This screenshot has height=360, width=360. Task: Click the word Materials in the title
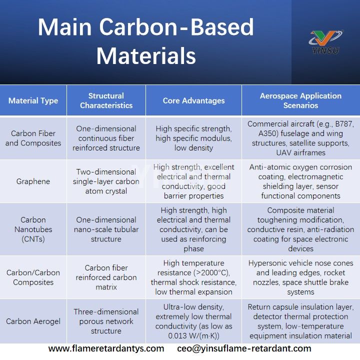[145, 55]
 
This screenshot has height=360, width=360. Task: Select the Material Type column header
[33, 100]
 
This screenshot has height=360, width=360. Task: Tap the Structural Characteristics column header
[106, 100]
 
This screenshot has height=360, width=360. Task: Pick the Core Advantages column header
[193, 100]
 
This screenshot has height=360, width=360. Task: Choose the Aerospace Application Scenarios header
[300, 100]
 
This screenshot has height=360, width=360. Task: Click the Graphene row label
[33, 181]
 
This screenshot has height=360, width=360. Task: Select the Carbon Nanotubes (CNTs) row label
[33, 229]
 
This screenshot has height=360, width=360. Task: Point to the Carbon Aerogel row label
[33, 321]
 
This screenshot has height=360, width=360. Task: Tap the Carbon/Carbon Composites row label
[33, 277]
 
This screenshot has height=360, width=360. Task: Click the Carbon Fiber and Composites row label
[33, 138]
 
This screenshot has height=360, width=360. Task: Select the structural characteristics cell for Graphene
[106, 181]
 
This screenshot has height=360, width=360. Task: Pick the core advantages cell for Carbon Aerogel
[193, 321]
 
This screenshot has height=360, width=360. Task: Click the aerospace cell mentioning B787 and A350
[300, 138]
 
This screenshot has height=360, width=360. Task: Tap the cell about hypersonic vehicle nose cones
[300, 277]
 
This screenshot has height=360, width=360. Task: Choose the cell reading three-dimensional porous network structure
[106, 321]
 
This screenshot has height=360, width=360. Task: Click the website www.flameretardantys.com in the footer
[106, 348]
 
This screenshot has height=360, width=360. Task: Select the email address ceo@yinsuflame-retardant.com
[244, 348]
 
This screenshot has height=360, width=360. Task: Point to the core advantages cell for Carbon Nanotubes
[193, 229]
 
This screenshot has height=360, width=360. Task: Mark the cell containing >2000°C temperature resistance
[193, 277]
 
